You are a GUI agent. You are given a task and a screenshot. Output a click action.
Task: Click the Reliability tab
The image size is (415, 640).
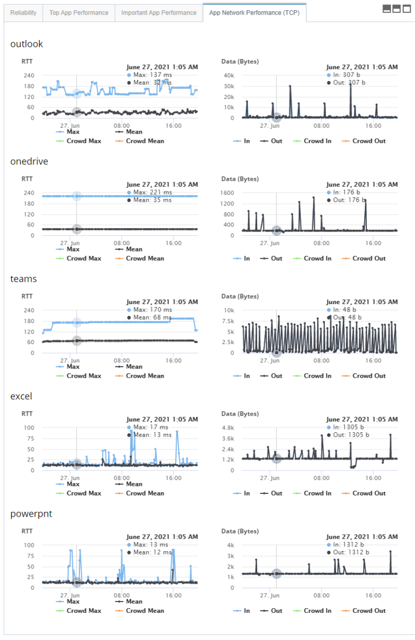(x=23, y=12)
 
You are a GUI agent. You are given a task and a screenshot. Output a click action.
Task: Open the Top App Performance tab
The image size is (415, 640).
(x=79, y=12)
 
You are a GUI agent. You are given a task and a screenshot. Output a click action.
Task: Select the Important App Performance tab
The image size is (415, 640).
(x=159, y=12)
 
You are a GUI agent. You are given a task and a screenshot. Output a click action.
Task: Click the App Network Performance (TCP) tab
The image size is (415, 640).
(x=255, y=12)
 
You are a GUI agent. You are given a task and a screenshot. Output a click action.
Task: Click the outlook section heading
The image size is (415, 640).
(x=26, y=44)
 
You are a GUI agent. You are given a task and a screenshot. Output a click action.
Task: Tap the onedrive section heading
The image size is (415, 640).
(x=30, y=161)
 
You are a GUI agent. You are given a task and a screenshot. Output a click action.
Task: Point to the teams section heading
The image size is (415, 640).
(x=23, y=279)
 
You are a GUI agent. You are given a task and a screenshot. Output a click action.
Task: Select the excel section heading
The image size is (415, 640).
(x=21, y=396)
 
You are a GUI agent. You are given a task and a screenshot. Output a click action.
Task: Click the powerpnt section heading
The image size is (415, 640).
(x=31, y=513)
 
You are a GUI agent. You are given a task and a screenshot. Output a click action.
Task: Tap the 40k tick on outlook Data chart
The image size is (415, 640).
(x=228, y=75)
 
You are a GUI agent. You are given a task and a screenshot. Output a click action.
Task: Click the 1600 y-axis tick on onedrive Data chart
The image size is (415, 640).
(x=226, y=193)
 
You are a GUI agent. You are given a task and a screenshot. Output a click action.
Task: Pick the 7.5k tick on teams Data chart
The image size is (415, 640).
(x=227, y=321)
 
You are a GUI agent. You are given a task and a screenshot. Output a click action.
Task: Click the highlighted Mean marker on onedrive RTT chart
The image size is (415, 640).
(x=77, y=229)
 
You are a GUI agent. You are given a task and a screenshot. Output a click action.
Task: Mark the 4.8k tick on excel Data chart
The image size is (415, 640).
(x=227, y=427)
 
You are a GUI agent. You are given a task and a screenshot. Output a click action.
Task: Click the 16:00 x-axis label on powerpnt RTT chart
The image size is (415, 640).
(x=173, y=596)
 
